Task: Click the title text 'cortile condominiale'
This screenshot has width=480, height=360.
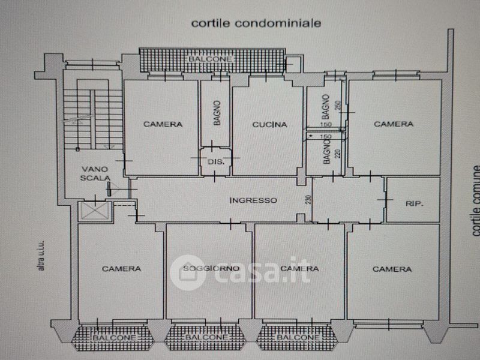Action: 256,23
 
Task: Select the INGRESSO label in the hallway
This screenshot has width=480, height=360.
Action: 253,200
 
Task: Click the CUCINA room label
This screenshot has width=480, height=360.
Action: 269,125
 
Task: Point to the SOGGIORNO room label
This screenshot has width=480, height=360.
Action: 212,268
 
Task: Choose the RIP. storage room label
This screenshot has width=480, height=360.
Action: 414,204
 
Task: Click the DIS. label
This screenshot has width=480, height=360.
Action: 215,163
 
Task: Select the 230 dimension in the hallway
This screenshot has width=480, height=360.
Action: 308,201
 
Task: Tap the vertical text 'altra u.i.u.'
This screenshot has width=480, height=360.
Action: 41,255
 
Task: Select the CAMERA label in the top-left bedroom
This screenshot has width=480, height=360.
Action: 163,125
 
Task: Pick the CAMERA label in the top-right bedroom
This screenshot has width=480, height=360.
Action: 394,124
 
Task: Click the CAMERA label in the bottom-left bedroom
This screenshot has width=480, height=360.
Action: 121,269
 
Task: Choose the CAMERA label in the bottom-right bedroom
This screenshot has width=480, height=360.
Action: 392,269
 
